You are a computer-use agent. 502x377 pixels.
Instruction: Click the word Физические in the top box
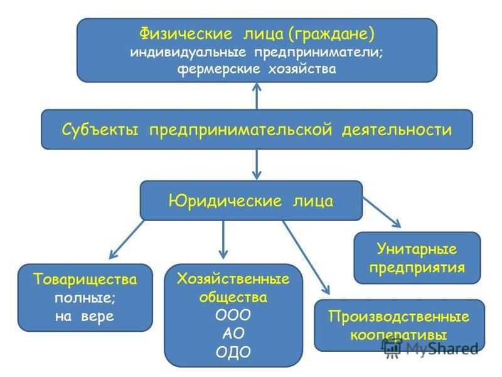tap(186, 34)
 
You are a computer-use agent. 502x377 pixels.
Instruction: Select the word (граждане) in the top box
tap(331, 35)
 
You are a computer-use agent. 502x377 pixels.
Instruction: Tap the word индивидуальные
tap(188, 52)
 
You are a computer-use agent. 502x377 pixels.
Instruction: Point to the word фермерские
tap(218, 69)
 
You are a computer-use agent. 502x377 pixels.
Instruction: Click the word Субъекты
tap(100, 130)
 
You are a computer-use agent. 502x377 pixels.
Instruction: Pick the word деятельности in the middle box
tap(397, 130)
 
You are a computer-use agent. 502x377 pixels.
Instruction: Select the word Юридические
tap(225, 201)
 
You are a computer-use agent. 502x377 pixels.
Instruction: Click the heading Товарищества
tap(85, 279)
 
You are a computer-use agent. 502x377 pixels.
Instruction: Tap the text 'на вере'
tap(85, 317)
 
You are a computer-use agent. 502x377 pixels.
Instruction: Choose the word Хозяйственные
tap(233, 279)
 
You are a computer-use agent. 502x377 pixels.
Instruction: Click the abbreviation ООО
tap(233, 315)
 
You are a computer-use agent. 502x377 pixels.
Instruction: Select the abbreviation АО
tap(233, 334)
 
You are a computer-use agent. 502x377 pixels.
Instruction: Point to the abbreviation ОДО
tap(233, 352)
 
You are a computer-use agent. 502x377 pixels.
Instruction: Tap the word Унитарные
tap(417, 249)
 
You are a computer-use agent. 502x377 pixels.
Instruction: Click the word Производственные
tap(399, 317)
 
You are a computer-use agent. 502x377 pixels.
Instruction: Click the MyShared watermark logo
tap(430, 348)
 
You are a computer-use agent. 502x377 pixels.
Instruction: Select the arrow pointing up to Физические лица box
tap(257, 96)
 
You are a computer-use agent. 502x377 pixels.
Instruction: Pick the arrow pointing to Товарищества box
tap(127, 239)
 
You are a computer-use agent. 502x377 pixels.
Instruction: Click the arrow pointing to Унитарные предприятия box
tap(382, 212)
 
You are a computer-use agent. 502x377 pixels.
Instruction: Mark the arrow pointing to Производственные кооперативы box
tap(306, 258)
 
